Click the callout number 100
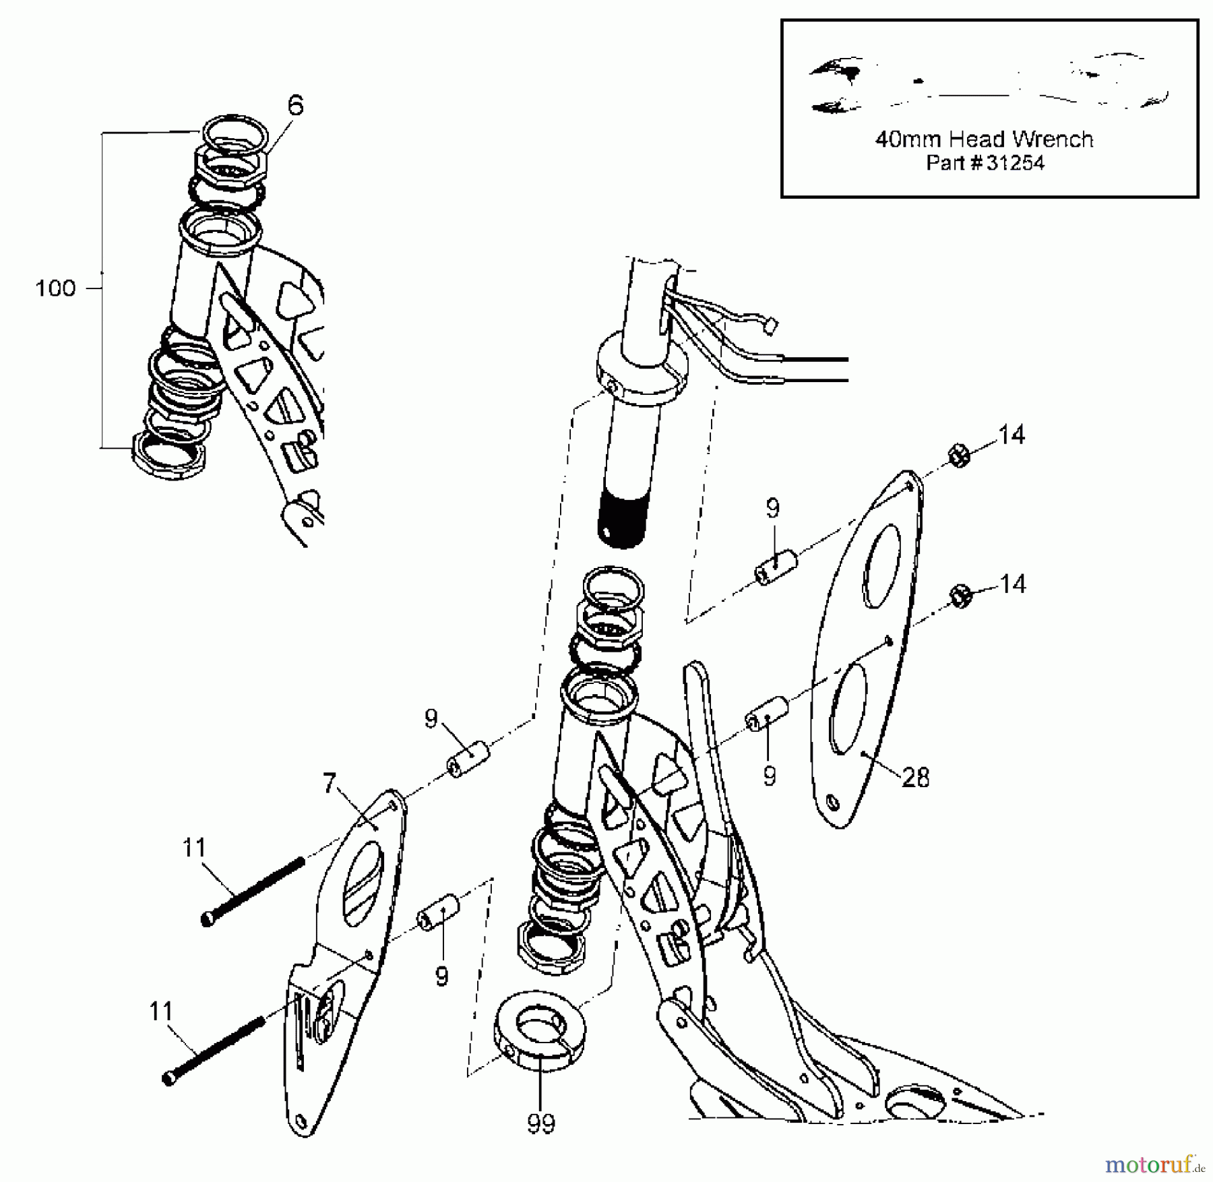coord(55,288)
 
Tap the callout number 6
coord(295,106)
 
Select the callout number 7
coord(329,783)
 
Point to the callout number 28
coord(915,778)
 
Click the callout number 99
coord(541,1123)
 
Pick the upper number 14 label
coord(1011,435)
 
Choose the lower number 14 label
coord(1011,584)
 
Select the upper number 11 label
coord(194,847)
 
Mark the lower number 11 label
coord(161,1011)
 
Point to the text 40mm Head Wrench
coord(984,139)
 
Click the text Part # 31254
coord(985,163)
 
